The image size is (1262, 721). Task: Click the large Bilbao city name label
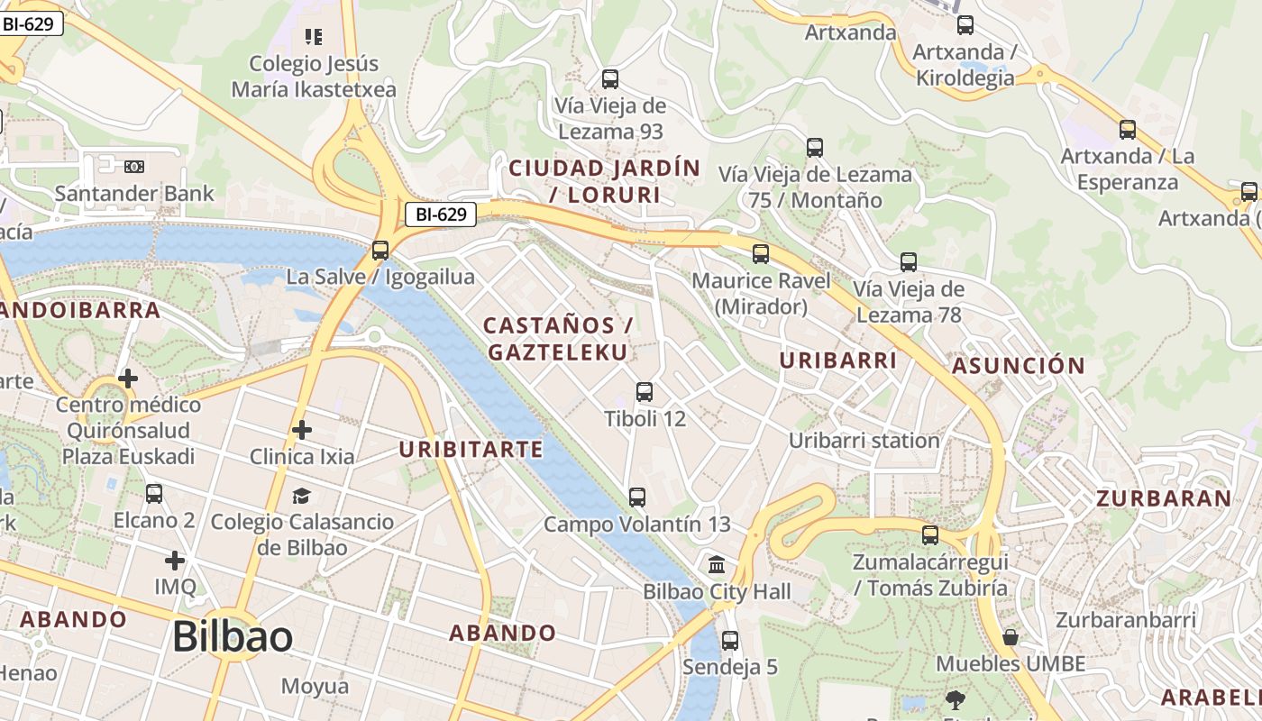[232, 637]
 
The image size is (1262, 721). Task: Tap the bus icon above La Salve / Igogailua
[380, 250]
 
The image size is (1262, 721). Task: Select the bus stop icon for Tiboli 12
[645, 392]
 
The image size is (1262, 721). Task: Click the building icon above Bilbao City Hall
[717, 565]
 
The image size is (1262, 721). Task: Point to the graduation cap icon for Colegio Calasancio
[301, 496]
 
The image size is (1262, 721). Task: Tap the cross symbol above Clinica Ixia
[302, 430]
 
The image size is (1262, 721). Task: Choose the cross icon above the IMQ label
[175, 561]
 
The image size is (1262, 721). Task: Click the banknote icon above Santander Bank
[134, 167]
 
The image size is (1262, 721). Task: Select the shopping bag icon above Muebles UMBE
[1011, 637]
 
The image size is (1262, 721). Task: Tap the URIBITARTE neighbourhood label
[471, 449]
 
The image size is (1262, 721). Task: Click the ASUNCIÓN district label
[1019, 366]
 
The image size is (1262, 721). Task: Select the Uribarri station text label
[864, 441]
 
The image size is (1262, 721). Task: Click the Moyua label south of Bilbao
[315, 686]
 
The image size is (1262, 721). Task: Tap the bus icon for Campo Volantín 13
[637, 497]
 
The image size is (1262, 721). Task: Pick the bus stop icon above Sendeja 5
[730, 641]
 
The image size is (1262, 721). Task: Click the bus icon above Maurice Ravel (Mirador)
[761, 254]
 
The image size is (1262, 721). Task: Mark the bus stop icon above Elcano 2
[154, 494]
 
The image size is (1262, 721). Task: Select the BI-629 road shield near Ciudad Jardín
[440, 214]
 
